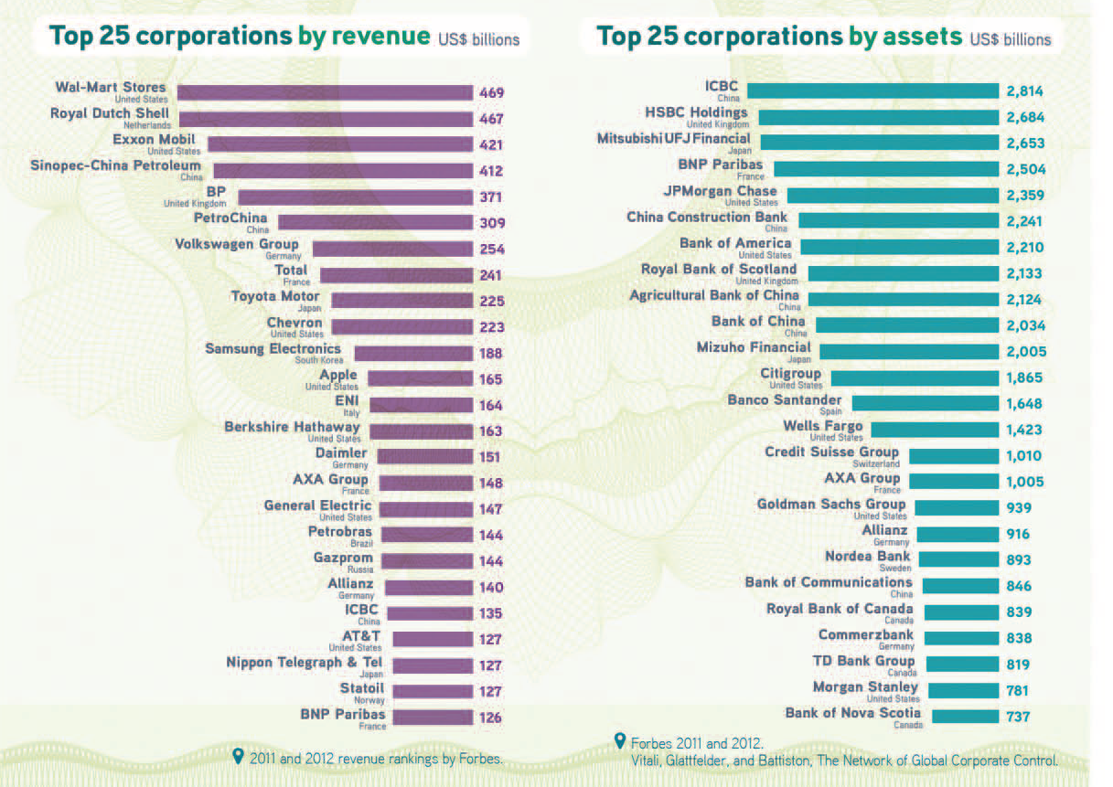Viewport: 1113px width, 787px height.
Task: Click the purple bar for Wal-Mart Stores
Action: coord(324,92)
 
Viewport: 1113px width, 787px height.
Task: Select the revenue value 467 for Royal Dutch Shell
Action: coord(491,119)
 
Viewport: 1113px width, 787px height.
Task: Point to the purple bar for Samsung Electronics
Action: coord(412,354)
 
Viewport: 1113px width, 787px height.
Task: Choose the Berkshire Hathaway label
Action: coord(292,427)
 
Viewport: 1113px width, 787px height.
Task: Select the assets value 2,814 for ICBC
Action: coord(1024,91)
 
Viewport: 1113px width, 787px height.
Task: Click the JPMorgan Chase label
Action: coord(720,191)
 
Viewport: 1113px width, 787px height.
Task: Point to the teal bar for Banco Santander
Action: coord(925,403)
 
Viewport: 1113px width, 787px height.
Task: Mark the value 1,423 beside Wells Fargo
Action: coord(1024,430)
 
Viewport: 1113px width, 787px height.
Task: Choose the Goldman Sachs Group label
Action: coord(830,504)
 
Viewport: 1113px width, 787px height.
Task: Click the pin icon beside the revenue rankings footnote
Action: coord(239,756)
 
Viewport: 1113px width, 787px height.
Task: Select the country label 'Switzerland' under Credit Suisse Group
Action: coord(875,464)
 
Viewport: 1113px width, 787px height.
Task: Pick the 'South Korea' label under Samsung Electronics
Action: coord(319,360)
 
